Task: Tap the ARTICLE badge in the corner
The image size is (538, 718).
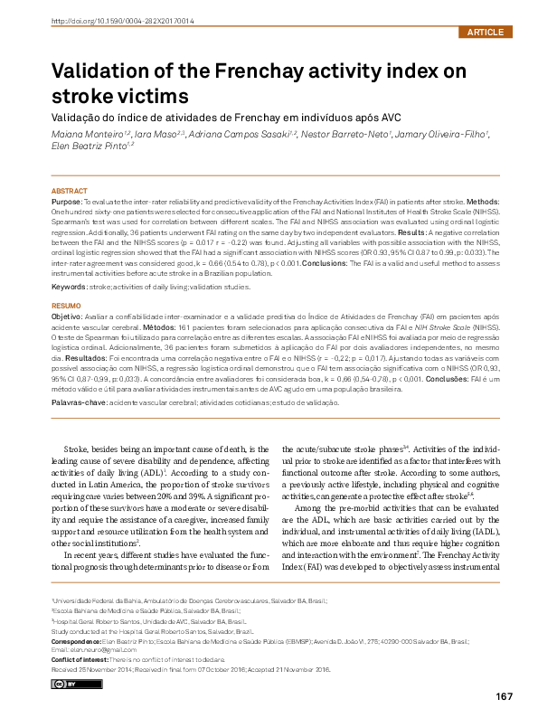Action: tap(485, 32)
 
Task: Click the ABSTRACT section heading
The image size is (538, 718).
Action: tap(70, 192)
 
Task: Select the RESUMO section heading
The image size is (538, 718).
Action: tap(66, 307)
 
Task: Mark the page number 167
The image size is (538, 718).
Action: tap(504, 695)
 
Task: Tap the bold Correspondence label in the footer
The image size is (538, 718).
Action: tap(83, 639)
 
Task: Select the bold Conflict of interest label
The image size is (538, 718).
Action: tap(90, 658)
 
